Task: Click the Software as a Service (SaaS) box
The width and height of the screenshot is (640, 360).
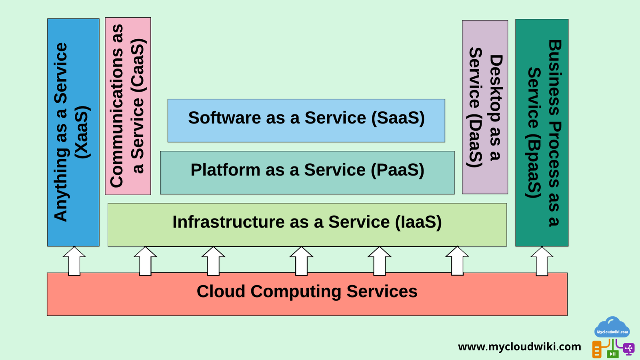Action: [x=306, y=120]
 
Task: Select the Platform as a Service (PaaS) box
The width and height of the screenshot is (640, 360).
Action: [x=307, y=173]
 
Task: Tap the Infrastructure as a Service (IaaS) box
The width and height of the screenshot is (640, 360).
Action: [x=307, y=224]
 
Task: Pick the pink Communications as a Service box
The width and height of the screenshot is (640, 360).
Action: [x=128, y=106]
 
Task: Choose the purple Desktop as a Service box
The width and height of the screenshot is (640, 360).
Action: [x=485, y=107]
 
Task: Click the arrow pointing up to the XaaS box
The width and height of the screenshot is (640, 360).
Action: [x=74, y=261]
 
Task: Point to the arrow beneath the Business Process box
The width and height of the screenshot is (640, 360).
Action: [x=542, y=261]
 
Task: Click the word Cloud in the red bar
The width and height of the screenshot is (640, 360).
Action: [x=221, y=291]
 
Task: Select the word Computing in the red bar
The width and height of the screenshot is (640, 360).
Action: [x=296, y=292]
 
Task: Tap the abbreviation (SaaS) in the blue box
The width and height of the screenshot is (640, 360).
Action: [x=398, y=118]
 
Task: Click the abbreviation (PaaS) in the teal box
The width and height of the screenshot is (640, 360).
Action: [x=397, y=170]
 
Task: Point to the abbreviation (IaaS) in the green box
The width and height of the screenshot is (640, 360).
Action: [x=418, y=222]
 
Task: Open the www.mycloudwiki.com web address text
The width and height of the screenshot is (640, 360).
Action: [x=519, y=346]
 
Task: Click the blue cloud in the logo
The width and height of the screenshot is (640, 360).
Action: [x=612, y=327]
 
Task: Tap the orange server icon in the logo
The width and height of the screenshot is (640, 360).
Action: [x=597, y=349]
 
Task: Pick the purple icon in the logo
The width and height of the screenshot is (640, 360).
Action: [x=628, y=349]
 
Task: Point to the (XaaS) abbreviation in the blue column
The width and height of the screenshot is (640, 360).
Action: [x=83, y=132]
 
